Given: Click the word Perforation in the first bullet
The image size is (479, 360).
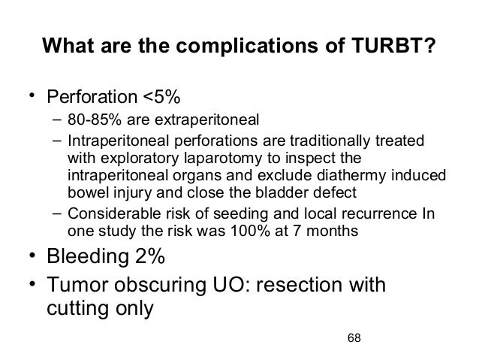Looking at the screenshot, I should click(x=88, y=98).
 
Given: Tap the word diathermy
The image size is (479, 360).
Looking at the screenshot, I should click(x=339, y=176).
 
